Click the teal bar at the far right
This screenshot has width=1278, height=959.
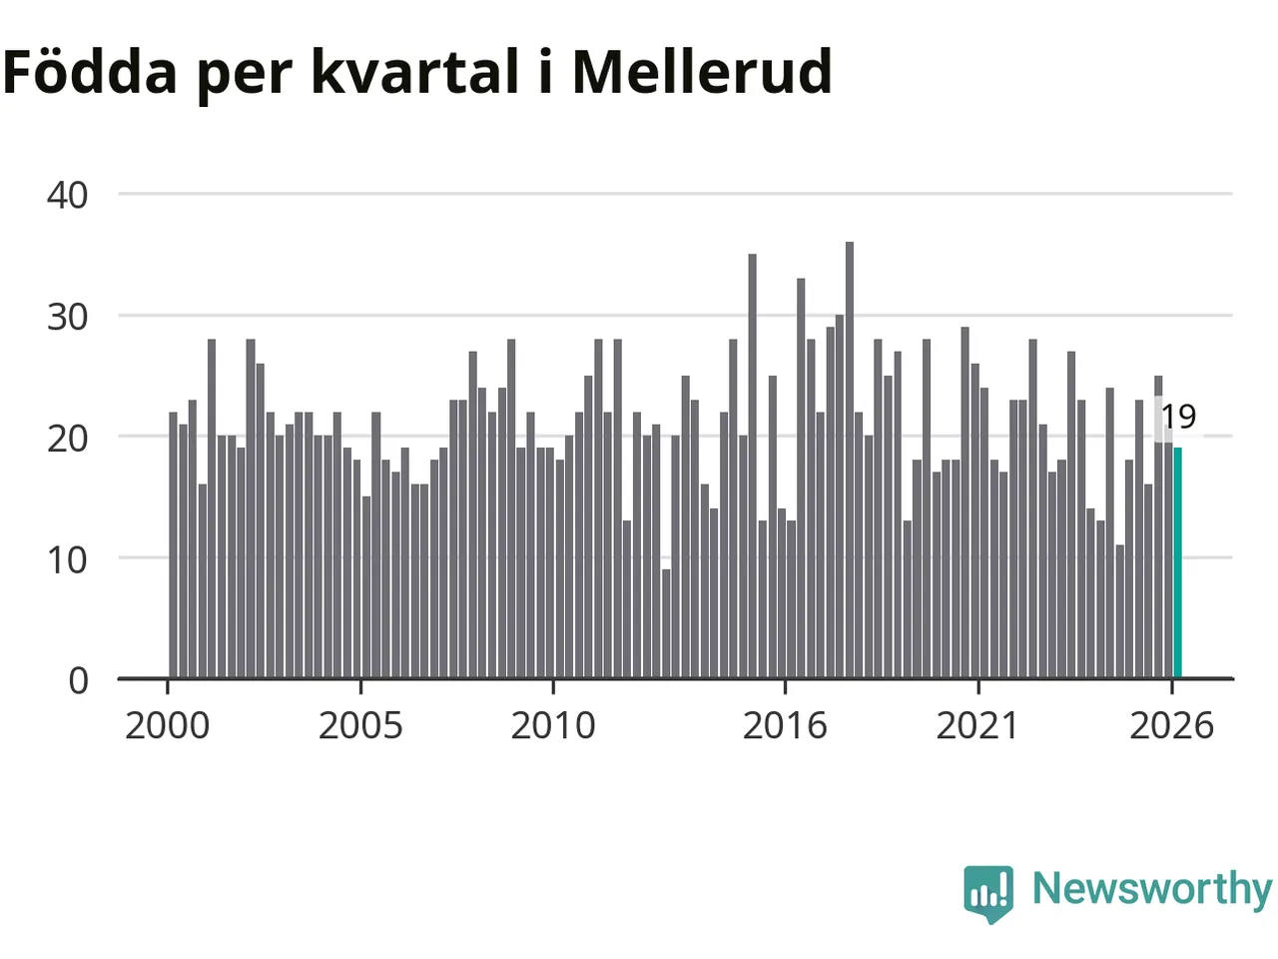[x=1177, y=562]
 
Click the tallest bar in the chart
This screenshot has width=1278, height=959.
[x=850, y=460]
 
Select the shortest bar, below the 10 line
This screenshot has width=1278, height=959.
[x=666, y=623]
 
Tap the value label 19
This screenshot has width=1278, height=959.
[x=1179, y=417]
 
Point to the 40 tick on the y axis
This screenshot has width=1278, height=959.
[x=68, y=195]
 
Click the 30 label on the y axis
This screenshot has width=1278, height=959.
[x=68, y=318]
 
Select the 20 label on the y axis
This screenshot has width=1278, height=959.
[x=68, y=439]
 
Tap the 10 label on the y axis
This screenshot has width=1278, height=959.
[x=68, y=560]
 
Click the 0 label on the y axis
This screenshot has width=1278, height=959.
[x=79, y=680]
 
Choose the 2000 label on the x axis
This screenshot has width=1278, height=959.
[x=167, y=726]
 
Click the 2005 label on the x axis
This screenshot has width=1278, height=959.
[x=360, y=726]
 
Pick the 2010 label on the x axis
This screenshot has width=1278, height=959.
[x=553, y=726]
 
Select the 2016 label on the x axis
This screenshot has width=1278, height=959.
[x=785, y=726]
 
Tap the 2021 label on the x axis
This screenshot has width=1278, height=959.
[x=978, y=726]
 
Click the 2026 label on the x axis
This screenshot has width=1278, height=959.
[x=1171, y=726]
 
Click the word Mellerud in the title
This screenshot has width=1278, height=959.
[x=703, y=71]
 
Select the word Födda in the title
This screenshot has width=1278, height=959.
[x=90, y=71]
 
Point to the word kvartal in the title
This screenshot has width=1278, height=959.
[x=415, y=71]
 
